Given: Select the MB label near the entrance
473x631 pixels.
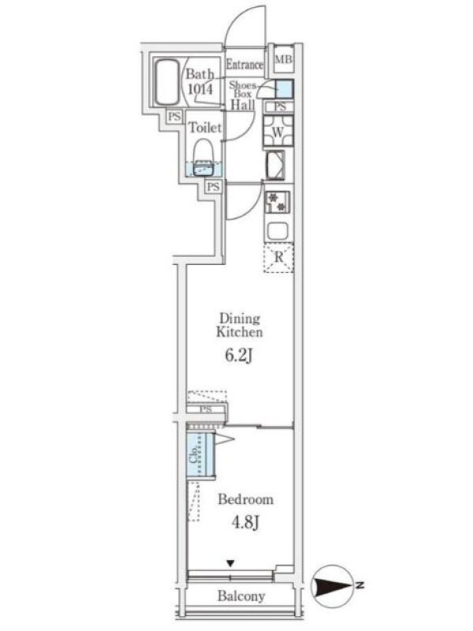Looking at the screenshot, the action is tap(283, 59).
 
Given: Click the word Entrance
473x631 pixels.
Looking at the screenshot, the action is tap(244, 65).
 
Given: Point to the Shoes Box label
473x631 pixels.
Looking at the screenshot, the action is tap(243, 89).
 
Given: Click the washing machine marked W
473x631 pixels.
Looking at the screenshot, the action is tap(278, 131).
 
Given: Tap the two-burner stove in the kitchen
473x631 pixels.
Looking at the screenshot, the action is tap(277, 203).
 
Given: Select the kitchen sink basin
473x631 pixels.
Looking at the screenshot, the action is tap(278, 231).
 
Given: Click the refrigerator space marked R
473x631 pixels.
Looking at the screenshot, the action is tap(278, 258).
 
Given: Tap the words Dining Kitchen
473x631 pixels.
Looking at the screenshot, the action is tap(240, 325).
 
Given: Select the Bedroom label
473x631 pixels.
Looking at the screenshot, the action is tap(246, 499).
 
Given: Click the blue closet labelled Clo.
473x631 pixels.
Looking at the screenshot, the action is tap(201, 454).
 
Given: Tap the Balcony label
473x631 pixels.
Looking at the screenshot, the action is tap(241, 596).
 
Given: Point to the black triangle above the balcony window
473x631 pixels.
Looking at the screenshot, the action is tap(230, 563).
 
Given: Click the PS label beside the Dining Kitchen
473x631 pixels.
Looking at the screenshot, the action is tap(206, 409).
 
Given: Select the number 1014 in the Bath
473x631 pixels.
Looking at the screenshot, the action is tap(200, 88).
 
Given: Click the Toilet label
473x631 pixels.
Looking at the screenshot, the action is tap(205, 128).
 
